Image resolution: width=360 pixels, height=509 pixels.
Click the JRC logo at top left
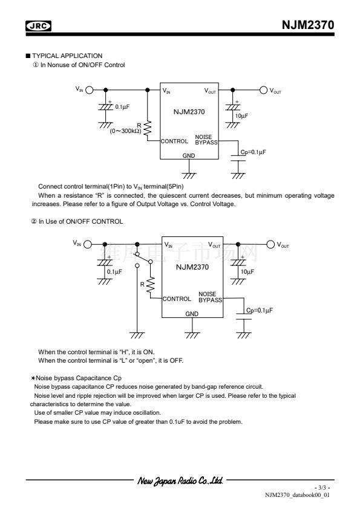coord(38,25)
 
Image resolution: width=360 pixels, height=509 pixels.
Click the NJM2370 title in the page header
coord(308,25)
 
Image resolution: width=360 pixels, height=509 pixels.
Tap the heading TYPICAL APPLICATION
coord(67,56)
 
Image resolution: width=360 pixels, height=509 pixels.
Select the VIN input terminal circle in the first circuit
coord(89,90)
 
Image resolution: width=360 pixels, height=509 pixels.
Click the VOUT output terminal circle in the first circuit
coord(264,90)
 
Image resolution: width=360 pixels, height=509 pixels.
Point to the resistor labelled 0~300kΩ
coord(148,129)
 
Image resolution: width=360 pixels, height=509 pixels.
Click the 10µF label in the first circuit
coord(241,116)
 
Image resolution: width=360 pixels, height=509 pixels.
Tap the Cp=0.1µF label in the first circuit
coord(253,152)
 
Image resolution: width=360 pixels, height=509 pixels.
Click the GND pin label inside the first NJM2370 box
coord(188,156)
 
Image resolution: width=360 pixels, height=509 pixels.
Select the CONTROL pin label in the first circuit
coord(174,141)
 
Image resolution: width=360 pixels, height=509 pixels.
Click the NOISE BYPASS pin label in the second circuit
coord(210,297)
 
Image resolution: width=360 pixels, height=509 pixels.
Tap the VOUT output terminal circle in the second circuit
coord(270,244)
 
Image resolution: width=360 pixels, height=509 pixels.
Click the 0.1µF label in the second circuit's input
coord(114,271)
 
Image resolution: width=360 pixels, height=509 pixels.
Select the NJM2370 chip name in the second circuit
coord(192,267)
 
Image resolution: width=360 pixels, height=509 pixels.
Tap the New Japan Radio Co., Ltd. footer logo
coord(180,481)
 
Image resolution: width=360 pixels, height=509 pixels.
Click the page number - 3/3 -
coord(322,488)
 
